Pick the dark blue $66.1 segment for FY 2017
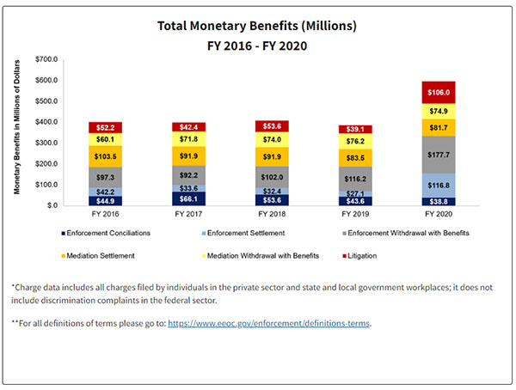click(x=187, y=198)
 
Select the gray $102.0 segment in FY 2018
click(x=270, y=177)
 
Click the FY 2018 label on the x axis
click(x=270, y=213)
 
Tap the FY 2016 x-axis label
click(x=105, y=213)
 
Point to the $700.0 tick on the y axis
click(x=46, y=59)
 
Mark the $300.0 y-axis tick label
click(x=46, y=143)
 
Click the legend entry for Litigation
click(x=384, y=255)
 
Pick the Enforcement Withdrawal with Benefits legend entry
click(x=410, y=231)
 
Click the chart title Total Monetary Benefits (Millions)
click(x=257, y=26)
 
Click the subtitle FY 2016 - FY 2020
click(x=257, y=45)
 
